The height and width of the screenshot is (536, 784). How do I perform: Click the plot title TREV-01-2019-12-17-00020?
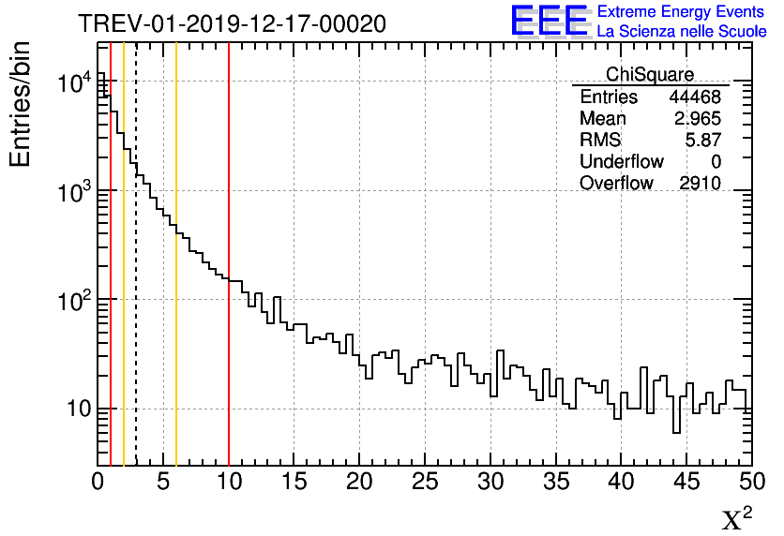(x=232, y=24)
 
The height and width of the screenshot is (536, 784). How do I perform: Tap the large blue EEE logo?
(x=550, y=22)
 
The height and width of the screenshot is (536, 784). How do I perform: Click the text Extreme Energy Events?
(x=681, y=12)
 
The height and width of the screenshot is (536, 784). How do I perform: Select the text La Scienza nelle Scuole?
(x=681, y=32)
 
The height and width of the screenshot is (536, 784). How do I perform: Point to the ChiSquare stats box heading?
(x=650, y=74)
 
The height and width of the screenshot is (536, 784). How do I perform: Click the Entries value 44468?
(x=694, y=97)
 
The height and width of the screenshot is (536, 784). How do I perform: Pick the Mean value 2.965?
(x=697, y=119)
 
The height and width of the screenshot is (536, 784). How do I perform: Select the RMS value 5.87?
(x=702, y=140)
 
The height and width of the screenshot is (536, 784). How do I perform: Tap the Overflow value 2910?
(x=700, y=183)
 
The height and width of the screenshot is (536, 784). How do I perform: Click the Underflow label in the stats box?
(x=621, y=161)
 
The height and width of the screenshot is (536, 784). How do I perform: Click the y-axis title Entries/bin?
(x=21, y=104)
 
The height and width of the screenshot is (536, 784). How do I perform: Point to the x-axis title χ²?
(x=736, y=518)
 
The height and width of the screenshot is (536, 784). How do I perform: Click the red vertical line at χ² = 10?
(x=229, y=281)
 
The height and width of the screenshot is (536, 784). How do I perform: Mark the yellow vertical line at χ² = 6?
(x=175, y=281)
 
